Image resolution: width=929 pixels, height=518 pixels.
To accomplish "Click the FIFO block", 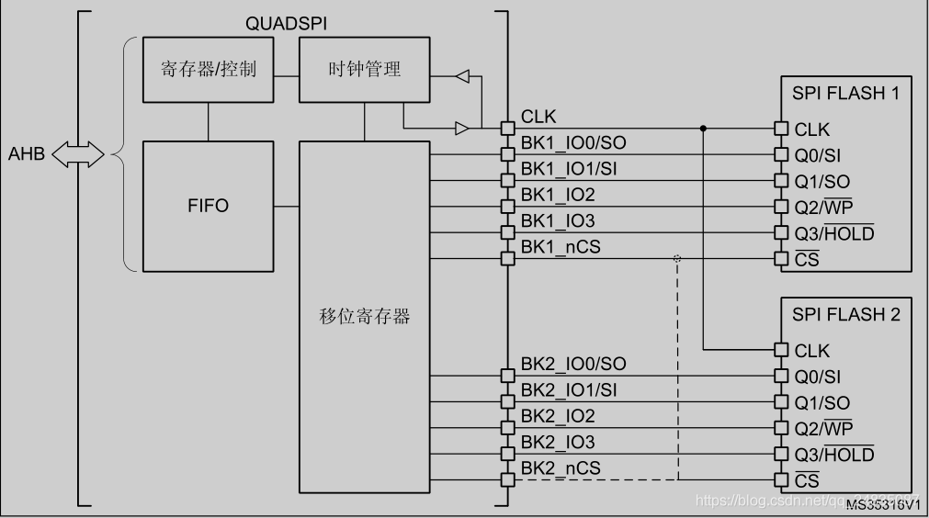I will click(x=208, y=206).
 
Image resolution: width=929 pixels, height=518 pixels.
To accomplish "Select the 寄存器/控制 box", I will click(x=208, y=70).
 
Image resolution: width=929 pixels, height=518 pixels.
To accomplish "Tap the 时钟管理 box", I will click(x=365, y=70).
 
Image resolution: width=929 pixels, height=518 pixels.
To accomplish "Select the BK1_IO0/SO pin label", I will click(x=573, y=143).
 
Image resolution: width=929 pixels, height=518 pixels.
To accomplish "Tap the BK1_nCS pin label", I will click(x=561, y=246).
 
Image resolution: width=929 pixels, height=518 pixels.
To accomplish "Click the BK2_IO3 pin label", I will click(x=557, y=442).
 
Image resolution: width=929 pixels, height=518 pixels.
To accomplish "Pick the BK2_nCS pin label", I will click(x=561, y=467).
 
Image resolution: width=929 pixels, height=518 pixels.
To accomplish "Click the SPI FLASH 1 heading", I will click(x=844, y=93).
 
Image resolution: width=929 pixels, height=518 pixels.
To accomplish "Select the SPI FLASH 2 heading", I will click(x=844, y=314).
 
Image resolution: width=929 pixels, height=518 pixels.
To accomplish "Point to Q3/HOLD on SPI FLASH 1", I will click(x=833, y=233).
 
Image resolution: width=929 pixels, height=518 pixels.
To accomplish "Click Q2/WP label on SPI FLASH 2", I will click(x=823, y=428).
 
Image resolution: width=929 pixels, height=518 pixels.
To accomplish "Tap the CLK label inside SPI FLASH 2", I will click(x=811, y=350).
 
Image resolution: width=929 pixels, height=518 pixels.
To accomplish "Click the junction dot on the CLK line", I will click(x=703, y=128).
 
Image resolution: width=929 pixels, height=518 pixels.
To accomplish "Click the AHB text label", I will click(x=27, y=154).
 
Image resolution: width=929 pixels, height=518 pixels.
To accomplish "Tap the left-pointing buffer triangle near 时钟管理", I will click(x=463, y=75).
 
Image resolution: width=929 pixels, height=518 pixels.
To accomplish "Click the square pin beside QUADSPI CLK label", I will click(x=506, y=127).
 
